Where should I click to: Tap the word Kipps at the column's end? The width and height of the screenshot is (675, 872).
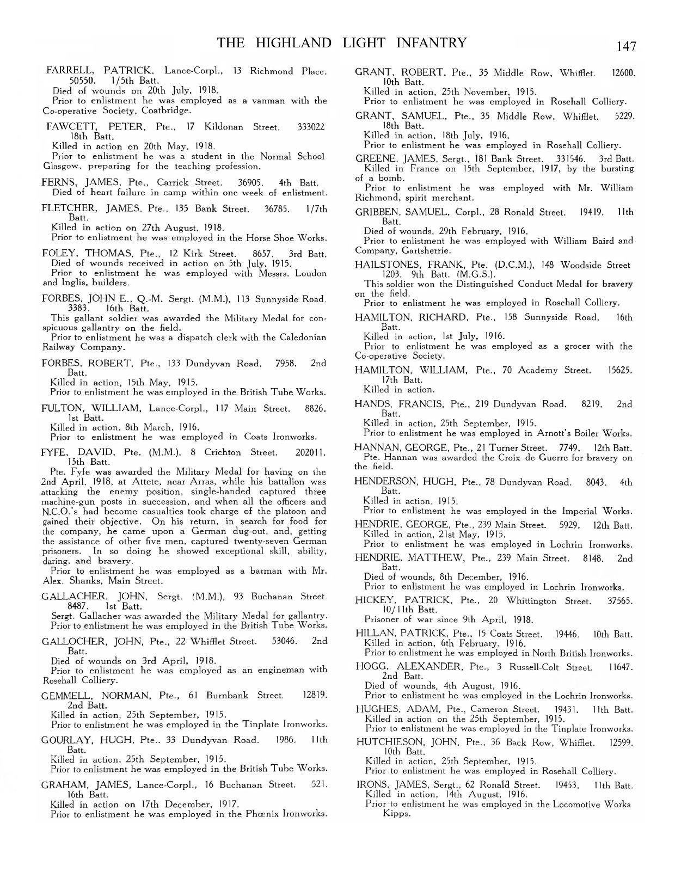tap(396, 814)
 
